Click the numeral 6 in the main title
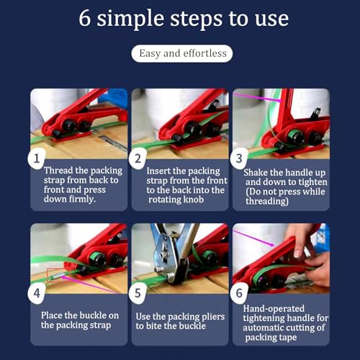[85, 18]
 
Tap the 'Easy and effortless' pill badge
[182, 53]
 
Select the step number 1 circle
[37, 158]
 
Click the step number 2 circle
[138, 158]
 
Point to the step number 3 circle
[239, 158]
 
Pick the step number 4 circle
[37, 293]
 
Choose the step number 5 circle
[138, 293]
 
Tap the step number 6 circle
[239, 293]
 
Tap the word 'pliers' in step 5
[213, 317]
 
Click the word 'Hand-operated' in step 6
[274, 309]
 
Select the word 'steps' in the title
[196, 19]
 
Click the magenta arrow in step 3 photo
[258, 98]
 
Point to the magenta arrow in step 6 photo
[254, 238]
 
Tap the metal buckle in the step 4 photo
[58, 276]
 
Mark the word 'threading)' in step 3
[267, 202]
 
